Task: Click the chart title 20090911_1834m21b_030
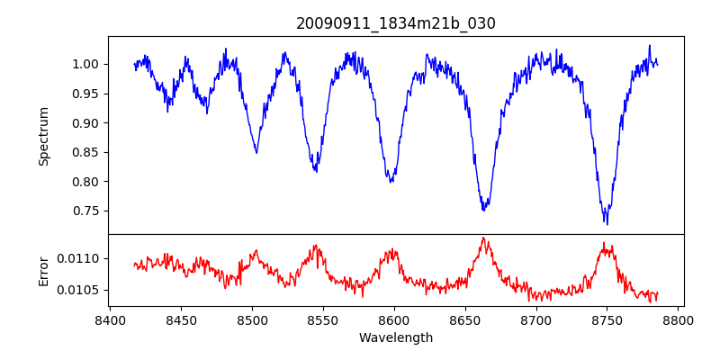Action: (396, 23)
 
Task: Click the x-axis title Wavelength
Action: (396, 337)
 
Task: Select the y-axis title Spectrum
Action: (44, 136)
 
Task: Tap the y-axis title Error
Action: (44, 270)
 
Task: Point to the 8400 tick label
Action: (110, 319)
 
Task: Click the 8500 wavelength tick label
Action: (252, 319)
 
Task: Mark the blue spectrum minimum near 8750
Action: (607, 223)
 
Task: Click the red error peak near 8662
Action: (483, 238)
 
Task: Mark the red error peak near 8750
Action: (607, 244)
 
